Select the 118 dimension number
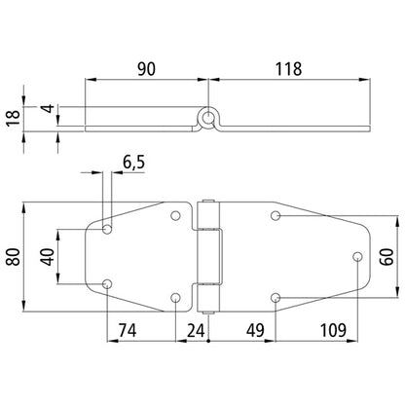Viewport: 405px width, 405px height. (288, 68)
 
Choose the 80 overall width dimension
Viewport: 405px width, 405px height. (14, 256)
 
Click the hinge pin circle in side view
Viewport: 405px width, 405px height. (209, 119)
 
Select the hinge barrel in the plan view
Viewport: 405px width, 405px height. (207, 256)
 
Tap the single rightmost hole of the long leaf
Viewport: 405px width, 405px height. (356, 256)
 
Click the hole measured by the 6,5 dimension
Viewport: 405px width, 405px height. (107, 231)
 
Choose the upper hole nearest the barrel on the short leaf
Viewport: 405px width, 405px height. (175, 215)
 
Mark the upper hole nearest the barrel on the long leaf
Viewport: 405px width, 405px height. (276, 215)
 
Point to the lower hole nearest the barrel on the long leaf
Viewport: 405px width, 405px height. (276, 297)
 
